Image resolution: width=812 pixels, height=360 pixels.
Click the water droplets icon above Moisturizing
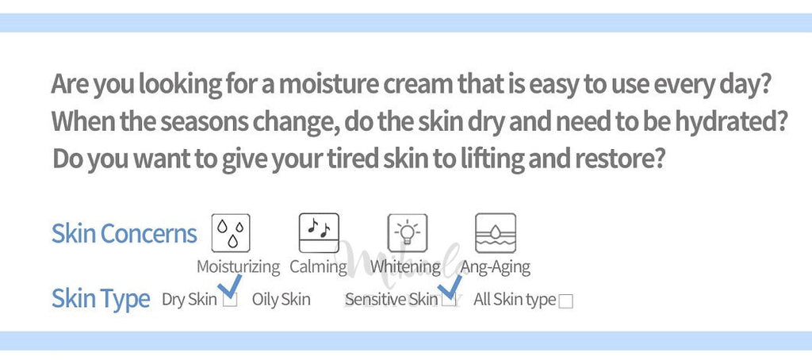click(231, 232)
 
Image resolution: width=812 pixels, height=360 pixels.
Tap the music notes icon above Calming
click(319, 232)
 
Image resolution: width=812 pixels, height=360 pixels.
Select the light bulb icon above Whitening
click(408, 232)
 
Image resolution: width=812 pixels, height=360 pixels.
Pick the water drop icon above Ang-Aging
click(496, 232)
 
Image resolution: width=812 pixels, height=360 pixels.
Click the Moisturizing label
click(238, 267)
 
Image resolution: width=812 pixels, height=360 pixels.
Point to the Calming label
click(318, 267)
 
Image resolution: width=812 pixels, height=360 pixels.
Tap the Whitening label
click(405, 267)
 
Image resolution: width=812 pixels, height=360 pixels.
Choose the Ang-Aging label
click(496, 267)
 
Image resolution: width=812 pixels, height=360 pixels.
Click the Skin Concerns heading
click(124, 234)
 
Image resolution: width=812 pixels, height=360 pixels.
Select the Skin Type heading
click(101, 299)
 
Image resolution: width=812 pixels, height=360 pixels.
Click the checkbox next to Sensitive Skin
click(450, 300)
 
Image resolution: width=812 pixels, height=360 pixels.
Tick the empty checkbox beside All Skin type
click(566, 301)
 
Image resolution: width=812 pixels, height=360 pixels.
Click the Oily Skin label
click(282, 300)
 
